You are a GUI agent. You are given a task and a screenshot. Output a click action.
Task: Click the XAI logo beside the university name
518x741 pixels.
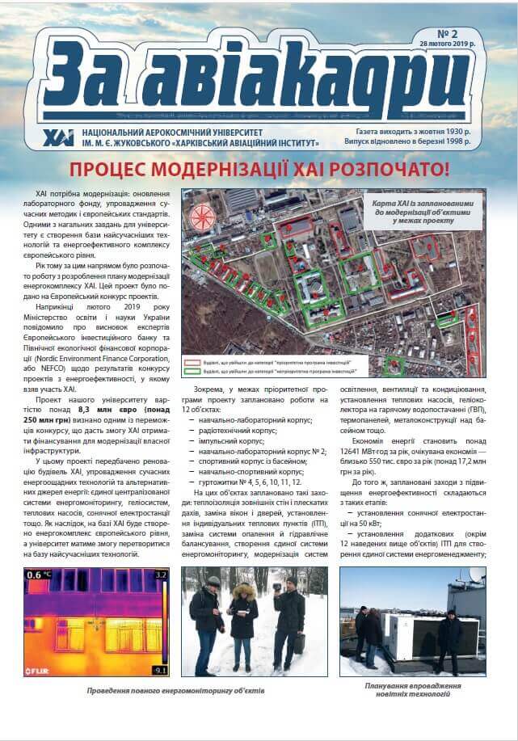[x=57, y=136]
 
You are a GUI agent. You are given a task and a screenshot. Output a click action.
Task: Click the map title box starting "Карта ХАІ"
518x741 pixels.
[x=424, y=208]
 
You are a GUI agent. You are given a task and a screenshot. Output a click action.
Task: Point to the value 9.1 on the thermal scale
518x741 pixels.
[x=161, y=670]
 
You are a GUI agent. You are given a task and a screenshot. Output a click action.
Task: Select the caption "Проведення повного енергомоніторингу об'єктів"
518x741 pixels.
[x=176, y=692]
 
